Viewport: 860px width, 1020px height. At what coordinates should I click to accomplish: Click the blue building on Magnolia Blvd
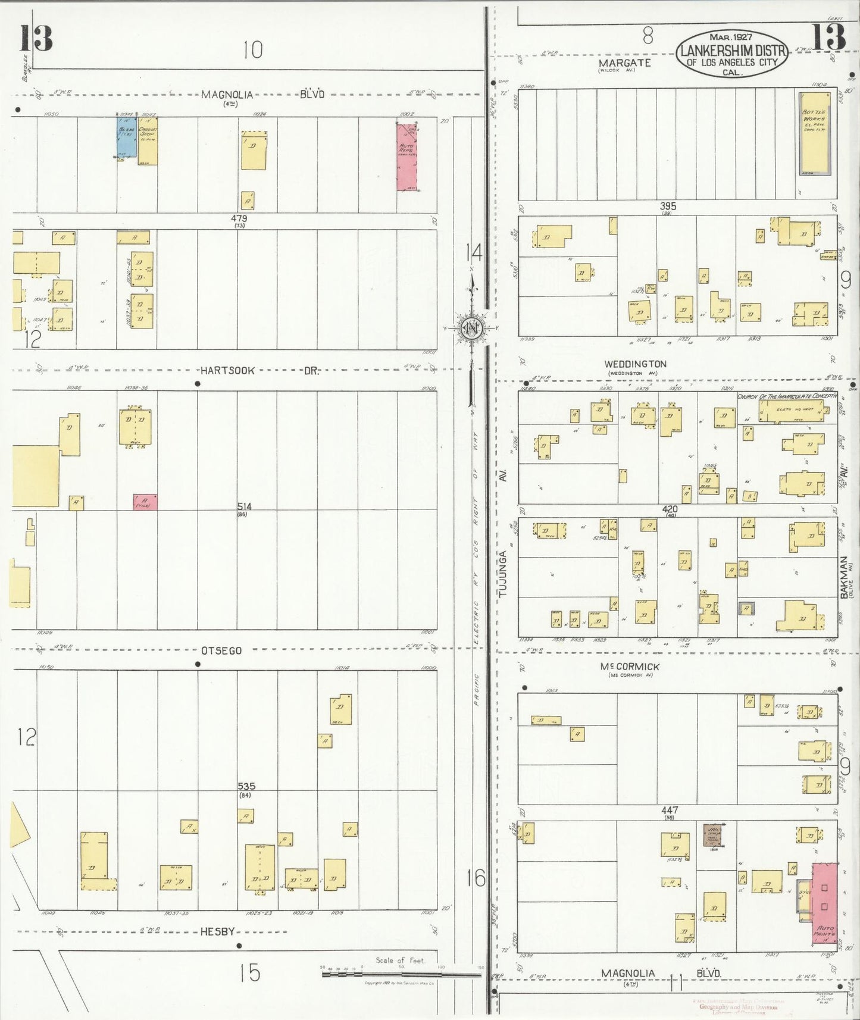click(x=125, y=136)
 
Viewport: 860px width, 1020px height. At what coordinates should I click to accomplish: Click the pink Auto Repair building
click(x=406, y=157)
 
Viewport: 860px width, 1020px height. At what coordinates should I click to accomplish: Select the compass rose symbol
click(x=472, y=328)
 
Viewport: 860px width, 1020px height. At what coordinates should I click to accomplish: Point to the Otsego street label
click(x=221, y=650)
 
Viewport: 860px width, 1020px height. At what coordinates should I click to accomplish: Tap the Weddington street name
click(x=635, y=364)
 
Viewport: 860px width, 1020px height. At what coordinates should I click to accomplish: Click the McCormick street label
click(x=630, y=667)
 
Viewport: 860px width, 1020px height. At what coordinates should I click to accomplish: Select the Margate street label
click(x=624, y=62)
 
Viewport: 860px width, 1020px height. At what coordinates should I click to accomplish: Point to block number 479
click(x=239, y=219)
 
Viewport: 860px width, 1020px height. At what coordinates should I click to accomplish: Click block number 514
click(x=244, y=506)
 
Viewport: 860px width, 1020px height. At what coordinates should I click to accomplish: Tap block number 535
click(x=246, y=786)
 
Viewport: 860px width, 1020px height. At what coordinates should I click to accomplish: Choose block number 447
click(x=669, y=810)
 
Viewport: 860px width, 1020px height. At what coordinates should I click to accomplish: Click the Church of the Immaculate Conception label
click(x=787, y=396)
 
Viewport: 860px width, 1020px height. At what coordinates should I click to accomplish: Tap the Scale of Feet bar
click(x=401, y=975)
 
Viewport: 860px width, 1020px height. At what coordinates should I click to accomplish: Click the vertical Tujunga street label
click(x=503, y=574)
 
